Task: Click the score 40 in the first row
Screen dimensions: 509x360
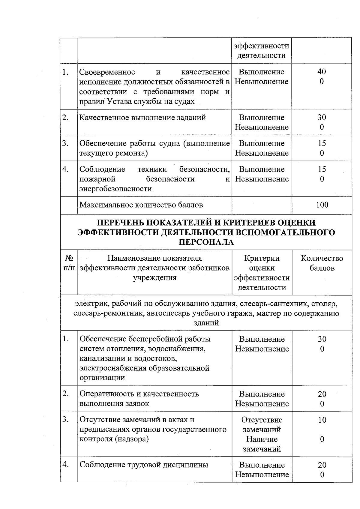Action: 322,72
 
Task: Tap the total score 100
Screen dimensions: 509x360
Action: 322,205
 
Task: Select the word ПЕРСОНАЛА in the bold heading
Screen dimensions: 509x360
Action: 206,242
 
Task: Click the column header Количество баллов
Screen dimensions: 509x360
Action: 322,263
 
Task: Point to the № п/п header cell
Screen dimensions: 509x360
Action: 69,263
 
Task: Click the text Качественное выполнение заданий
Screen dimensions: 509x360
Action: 142,118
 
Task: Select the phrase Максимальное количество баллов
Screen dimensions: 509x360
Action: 141,205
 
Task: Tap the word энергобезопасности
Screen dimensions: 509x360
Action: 115,189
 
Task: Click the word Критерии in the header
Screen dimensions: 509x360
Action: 262,258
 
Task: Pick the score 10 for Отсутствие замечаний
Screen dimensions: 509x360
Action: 322,420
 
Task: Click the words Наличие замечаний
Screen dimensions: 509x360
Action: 262,444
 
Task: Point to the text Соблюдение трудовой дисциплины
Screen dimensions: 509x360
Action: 144,465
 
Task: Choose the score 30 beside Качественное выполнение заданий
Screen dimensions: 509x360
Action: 322,118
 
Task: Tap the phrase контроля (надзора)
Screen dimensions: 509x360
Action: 114,439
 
